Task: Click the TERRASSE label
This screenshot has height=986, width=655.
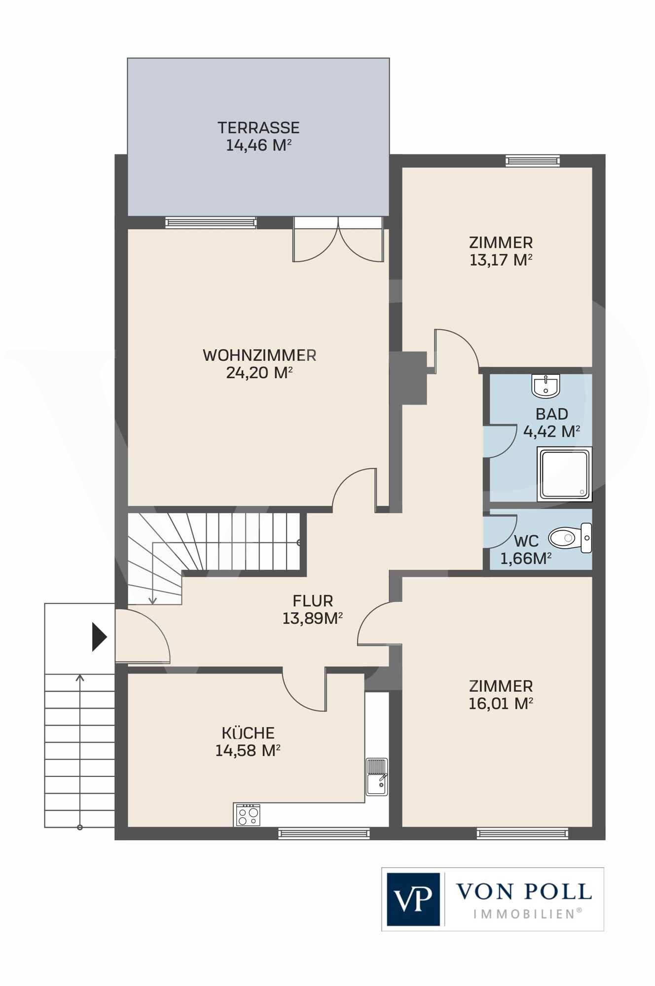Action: pos(258,128)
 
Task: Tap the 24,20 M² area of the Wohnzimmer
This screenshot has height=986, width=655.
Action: pos(259,373)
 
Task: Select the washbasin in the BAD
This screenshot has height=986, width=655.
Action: pos(546,386)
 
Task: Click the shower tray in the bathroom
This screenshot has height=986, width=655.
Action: pos(564,474)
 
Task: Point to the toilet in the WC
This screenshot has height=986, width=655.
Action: pos(570,537)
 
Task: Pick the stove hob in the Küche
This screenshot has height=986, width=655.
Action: pos(248,815)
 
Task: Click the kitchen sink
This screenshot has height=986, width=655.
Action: pos(376,777)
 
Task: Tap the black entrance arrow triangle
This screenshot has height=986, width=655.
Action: pos(99,637)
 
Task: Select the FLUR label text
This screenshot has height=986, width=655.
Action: pos(313,601)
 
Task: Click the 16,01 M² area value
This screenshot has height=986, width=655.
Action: pos(501,704)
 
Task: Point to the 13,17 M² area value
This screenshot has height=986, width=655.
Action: pos(501,260)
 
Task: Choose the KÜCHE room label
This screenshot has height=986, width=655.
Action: pos(248,733)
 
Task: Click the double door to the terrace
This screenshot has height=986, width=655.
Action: pos(338,239)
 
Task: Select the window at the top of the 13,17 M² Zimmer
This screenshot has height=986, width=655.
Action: pos(533,161)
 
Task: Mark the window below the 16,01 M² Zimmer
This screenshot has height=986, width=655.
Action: pos(522,833)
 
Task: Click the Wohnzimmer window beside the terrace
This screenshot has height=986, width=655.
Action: pos(211,223)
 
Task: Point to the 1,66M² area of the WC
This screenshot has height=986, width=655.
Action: pos(526,559)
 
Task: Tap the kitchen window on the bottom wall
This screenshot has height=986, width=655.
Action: pos(324,833)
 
